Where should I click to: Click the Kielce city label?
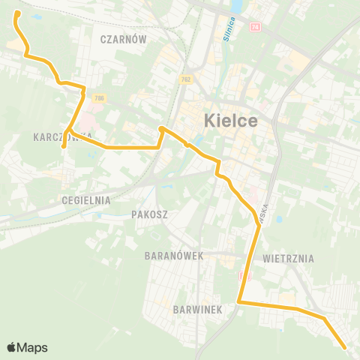(231, 120)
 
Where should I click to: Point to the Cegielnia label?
(87, 200)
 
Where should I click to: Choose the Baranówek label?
(174, 256)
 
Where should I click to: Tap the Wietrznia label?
(289, 259)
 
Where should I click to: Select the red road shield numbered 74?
(256, 27)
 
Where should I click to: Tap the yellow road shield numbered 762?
(185, 79)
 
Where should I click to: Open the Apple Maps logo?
(27, 347)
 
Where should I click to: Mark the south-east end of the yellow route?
(344, 348)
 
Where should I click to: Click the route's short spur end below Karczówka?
(64, 146)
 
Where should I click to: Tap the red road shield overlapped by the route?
(242, 276)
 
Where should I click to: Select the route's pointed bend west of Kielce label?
(160, 129)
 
